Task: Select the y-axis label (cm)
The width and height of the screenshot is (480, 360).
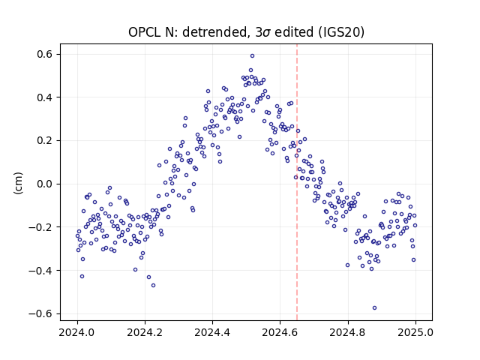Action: coord(19,183)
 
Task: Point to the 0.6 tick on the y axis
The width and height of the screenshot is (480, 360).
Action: coord(45,54)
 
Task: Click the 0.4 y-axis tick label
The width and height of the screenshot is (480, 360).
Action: coord(45,97)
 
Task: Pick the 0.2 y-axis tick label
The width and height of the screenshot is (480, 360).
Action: coord(45,140)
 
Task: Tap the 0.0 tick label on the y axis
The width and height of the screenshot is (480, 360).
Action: coord(45,184)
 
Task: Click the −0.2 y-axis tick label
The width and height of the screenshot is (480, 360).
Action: coord(41,227)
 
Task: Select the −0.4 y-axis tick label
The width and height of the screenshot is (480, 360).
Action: coord(41,271)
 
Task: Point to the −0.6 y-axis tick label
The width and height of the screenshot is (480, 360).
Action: coord(41,313)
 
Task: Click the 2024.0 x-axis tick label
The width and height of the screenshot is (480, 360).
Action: coord(77,332)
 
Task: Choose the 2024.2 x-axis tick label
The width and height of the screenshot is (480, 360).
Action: coord(145,332)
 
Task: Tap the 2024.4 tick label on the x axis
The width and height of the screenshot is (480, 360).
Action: coord(212,332)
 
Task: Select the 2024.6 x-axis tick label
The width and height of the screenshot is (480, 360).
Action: coord(280,332)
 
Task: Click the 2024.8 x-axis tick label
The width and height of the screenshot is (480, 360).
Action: coord(348,332)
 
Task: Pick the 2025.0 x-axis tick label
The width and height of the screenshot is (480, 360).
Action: coord(415,332)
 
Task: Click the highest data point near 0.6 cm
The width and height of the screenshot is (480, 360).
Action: coord(252,56)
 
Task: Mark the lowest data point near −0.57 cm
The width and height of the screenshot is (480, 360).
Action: coord(374,308)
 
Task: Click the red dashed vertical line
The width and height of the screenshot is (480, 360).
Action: coord(297,182)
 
